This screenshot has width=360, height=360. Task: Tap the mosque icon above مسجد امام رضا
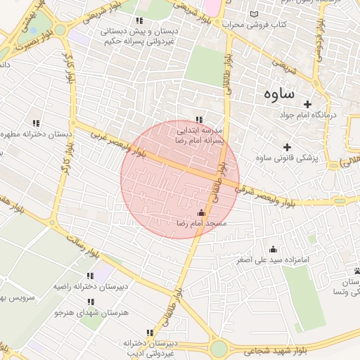(202, 212)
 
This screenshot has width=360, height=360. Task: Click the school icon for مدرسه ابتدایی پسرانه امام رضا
(199, 120)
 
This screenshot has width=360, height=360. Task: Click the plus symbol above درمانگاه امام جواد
(307, 103)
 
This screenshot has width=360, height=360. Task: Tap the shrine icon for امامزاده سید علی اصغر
(273, 249)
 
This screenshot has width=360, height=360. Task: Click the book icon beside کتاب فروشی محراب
(254, 14)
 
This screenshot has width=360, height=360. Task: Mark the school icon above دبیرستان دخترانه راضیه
(89, 276)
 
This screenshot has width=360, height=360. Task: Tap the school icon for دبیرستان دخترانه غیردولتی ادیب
(149, 333)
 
